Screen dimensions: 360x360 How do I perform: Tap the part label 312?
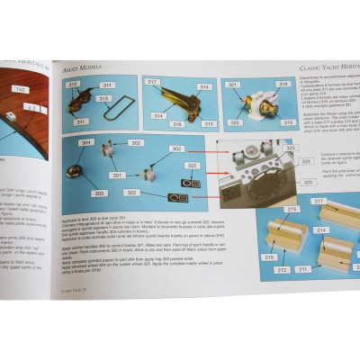coord(72,84)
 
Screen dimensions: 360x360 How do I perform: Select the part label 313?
coord(104,99)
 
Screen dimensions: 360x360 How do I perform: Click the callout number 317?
coord(153,82)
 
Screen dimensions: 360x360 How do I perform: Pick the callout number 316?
coord(178,123)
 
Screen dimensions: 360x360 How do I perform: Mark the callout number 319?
coord(287,121)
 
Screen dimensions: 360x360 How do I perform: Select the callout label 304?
coord(85,142)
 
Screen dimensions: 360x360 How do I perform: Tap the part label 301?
coord(117,175)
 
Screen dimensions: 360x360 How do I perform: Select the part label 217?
coord(319,201)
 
